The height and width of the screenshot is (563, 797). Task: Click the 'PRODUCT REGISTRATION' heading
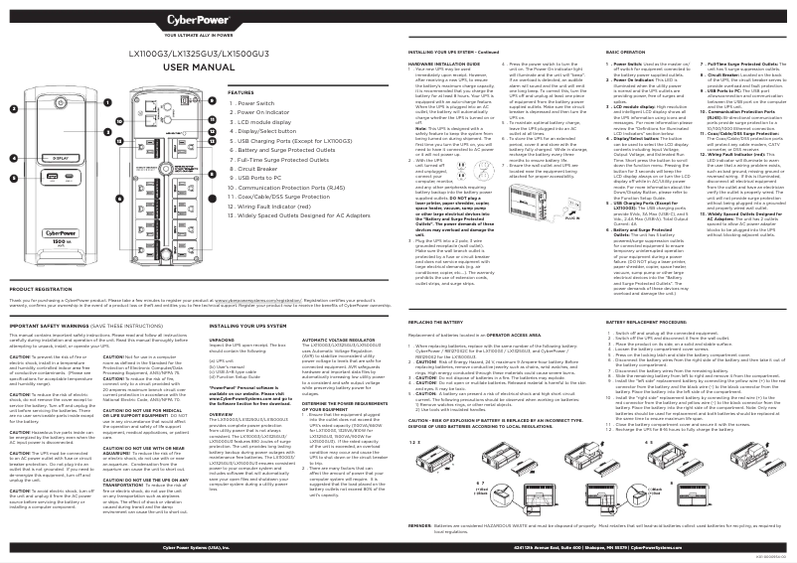point(41,261)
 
